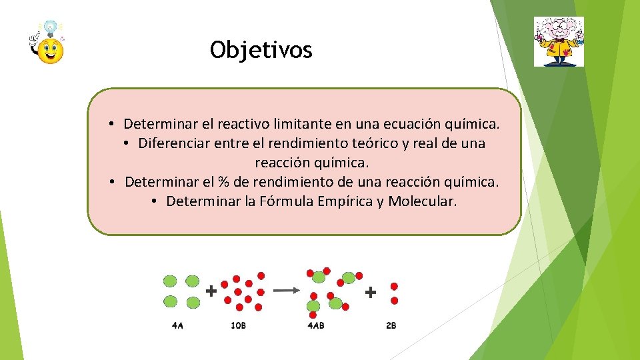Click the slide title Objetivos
pyautogui.click(x=261, y=49)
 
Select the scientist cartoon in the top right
pyautogui.click(x=559, y=41)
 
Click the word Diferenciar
pyautogui.click(x=174, y=143)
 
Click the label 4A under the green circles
pyautogui.click(x=177, y=326)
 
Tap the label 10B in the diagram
pyautogui.click(x=238, y=326)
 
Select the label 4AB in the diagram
pyautogui.click(x=315, y=326)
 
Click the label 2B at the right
pyautogui.click(x=391, y=326)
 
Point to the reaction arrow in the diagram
pyautogui.click(x=287, y=290)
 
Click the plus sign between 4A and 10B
pyautogui.click(x=211, y=291)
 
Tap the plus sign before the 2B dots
pyautogui.click(x=370, y=291)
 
